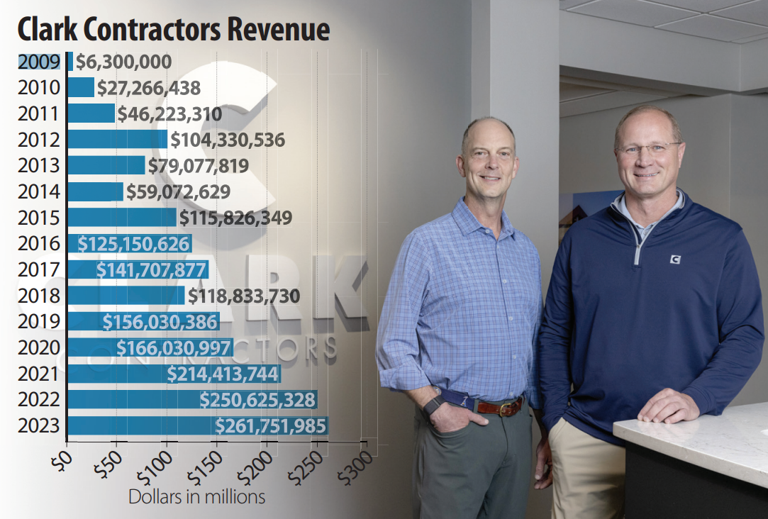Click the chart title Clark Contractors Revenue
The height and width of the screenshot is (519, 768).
(x=174, y=30)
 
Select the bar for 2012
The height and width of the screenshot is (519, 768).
(x=117, y=139)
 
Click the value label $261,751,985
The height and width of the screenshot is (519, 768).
(x=270, y=426)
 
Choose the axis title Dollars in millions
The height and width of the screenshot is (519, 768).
(x=196, y=496)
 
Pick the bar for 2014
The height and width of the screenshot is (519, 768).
(x=95, y=191)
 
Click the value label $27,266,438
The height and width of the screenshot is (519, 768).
(x=148, y=88)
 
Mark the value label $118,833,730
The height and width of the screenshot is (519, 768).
(x=243, y=296)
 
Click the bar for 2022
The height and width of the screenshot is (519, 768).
(x=192, y=400)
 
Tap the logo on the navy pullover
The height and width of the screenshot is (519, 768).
(x=675, y=259)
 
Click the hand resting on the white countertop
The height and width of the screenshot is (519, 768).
(x=667, y=407)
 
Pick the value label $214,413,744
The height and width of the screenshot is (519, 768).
(x=223, y=374)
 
